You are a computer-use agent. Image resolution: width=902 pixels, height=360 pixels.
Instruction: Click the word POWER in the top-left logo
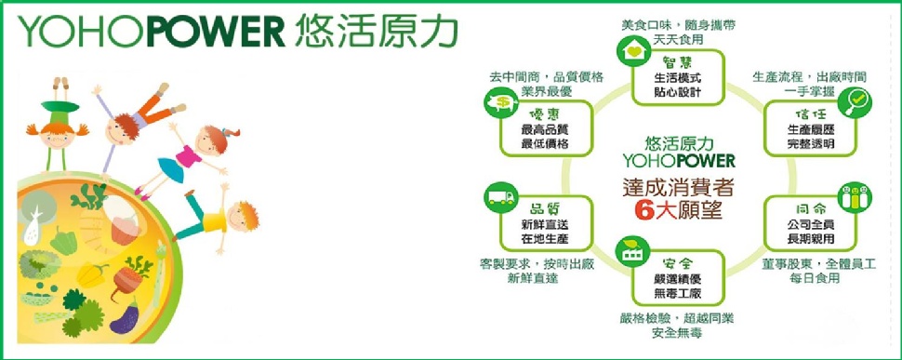point(216,31)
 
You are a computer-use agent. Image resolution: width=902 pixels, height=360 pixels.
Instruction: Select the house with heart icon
point(633,51)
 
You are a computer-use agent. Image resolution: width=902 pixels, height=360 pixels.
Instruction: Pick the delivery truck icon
point(501,198)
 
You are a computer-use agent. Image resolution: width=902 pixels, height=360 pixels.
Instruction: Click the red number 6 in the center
point(643,211)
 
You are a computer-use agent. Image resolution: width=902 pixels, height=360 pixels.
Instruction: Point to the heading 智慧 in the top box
point(677,62)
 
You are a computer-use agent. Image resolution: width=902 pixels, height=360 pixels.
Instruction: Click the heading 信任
point(810,113)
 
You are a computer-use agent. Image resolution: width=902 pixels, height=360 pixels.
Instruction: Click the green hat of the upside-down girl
point(60,107)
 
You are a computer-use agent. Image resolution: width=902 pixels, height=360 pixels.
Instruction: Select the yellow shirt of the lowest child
point(214,220)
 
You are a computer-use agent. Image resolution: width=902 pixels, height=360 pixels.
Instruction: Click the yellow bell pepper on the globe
point(92,274)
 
